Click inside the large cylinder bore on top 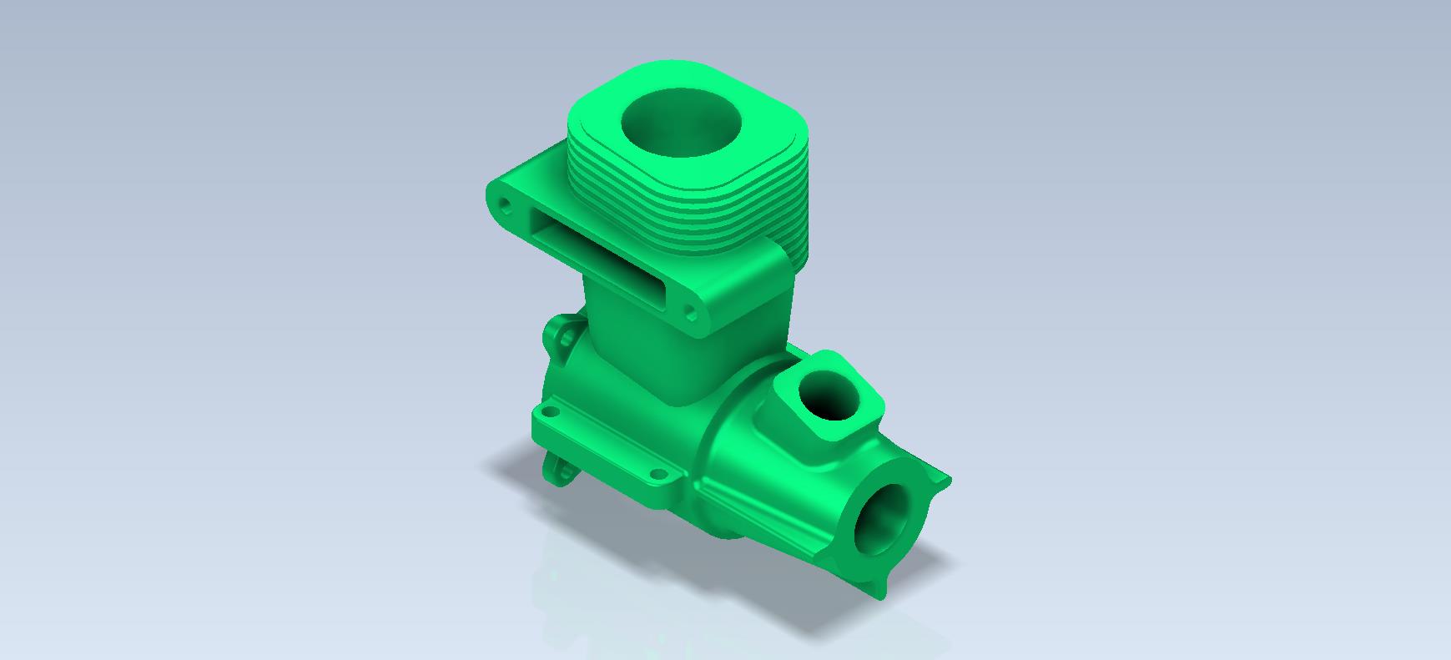coord(681,123)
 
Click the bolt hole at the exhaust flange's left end coord(504,203)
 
